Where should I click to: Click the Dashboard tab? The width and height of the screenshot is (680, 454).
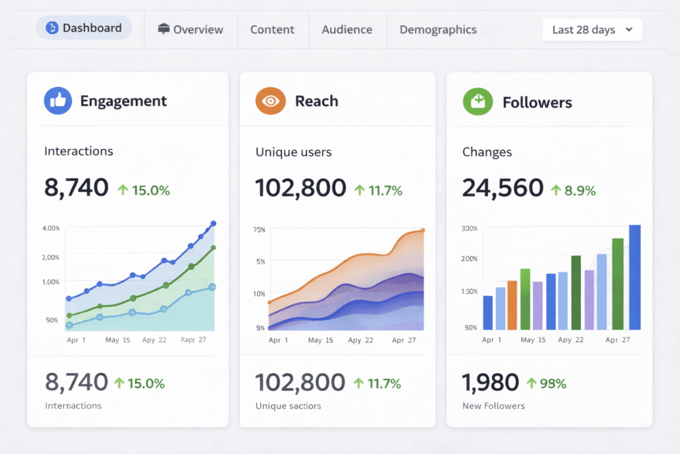coord(84,28)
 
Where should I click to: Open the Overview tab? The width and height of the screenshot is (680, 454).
coord(191,29)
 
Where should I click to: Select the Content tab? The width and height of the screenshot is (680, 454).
coord(272,29)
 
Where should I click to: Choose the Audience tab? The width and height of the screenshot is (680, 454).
coord(347,29)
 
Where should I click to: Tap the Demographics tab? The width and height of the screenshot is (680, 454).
coord(438,29)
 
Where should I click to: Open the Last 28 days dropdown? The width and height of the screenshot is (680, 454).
coord(592,30)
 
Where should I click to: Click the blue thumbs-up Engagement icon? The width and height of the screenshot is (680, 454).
coord(58,101)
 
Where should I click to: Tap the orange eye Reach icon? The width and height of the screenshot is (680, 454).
coord(270,101)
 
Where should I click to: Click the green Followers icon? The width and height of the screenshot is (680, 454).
coord(477,102)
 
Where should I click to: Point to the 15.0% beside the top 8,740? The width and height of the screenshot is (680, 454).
coord(144,190)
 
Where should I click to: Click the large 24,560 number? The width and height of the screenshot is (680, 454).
coord(503,188)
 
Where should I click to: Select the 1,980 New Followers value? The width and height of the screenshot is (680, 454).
coord(490,382)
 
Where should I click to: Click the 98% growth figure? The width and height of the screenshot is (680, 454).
coord(547,383)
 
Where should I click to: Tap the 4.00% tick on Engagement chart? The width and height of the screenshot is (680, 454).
coord(51,228)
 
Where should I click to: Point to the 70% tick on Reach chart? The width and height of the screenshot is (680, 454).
coord(259,230)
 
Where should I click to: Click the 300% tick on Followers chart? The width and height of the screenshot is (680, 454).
coord(469,228)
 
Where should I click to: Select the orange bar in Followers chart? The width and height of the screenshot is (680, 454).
coord(512,305)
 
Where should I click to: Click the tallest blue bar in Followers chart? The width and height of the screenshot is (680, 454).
coord(635,277)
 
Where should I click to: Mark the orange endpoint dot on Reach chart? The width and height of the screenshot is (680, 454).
coord(422,231)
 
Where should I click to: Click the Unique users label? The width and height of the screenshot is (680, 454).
coord(293,152)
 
